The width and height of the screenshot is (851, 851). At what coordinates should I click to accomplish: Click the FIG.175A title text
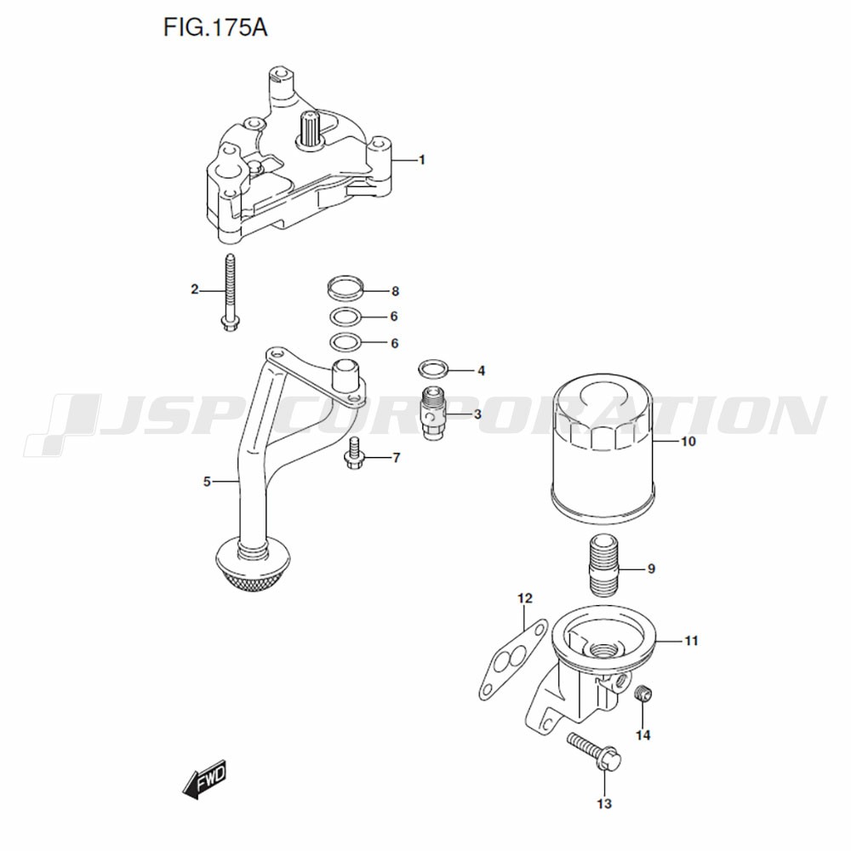(x=215, y=27)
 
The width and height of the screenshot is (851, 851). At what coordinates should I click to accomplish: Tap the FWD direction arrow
(x=204, y=779)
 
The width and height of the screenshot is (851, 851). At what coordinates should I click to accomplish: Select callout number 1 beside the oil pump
(x=422, y=160)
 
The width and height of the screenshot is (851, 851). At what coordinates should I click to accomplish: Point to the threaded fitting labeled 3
(x=433, y=413)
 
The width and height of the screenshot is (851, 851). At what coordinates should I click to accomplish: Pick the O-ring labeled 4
(x=433, y=369)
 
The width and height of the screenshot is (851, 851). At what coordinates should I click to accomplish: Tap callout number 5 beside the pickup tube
(x=207, y=482)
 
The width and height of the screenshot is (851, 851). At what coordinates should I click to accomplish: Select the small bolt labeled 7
(x=354, y=454)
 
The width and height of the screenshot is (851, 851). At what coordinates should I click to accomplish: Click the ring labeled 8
(x=346, y=287)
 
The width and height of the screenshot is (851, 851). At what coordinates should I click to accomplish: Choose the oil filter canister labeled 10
(x=603, y=448)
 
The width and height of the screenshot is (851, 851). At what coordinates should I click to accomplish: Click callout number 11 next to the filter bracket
(x=690, y=641)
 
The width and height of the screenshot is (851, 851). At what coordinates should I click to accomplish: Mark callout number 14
(x=643, y=735)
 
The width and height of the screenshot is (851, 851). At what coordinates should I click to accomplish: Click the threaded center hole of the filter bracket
(x=603, y=649)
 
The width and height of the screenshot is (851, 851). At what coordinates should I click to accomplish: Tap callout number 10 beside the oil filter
(x=688, y=442)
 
